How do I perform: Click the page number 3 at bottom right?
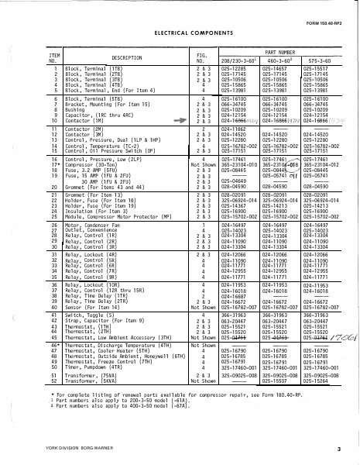(348, 450)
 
